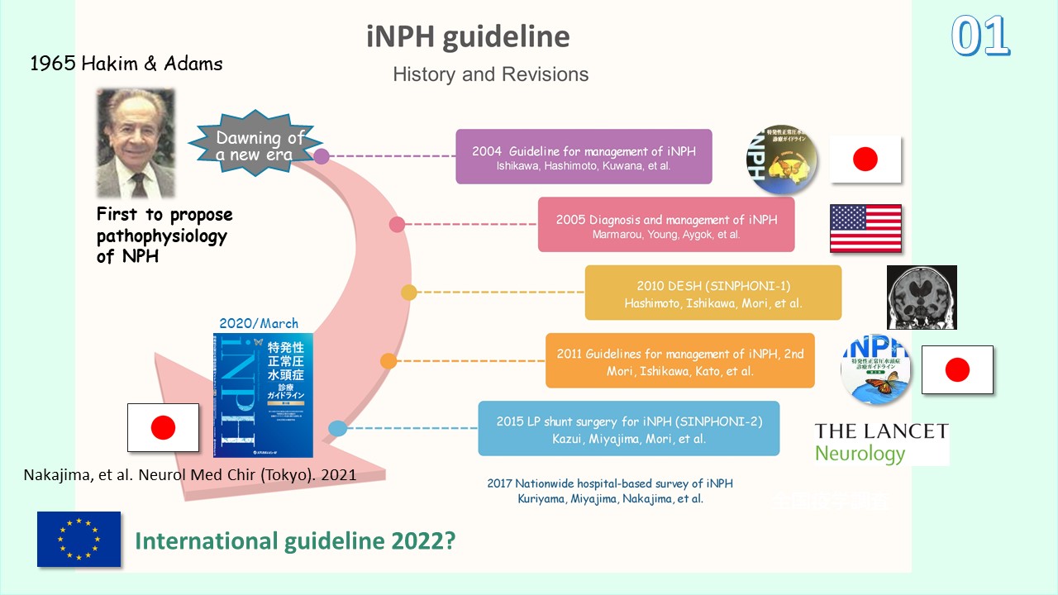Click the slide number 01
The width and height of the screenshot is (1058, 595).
point(980,36)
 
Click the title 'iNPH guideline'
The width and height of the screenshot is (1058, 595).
point(468,36)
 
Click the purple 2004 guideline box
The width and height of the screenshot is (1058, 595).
point(584,156)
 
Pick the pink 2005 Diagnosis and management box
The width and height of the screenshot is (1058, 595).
point(666,224)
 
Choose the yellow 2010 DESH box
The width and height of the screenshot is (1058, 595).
point(712,293)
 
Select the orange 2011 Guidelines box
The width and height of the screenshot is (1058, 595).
point(679,360)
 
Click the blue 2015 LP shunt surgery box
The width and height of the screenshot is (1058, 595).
point(628,428)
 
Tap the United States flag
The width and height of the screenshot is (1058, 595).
point(865,228)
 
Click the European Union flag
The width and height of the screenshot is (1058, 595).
point(79,539)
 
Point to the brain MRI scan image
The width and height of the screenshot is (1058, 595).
point(922,297)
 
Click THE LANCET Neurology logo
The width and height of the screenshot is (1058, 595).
point(881,442)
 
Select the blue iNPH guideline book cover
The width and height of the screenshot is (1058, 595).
point(263,395)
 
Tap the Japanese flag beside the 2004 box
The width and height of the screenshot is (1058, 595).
point(865,159)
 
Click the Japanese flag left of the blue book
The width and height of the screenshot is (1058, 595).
point(163,427)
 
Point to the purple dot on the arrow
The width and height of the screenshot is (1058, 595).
point(322,156)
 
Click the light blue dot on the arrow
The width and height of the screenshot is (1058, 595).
point(337,428)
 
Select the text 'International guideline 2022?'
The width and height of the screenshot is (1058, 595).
point(296,541)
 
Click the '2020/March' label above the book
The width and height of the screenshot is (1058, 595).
point(259,323)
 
